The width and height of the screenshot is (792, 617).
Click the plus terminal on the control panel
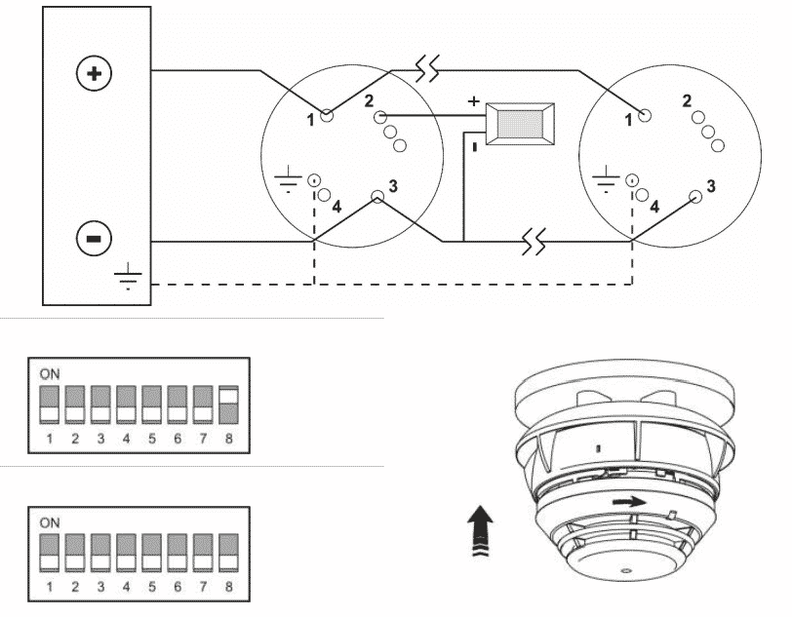coord(94,74)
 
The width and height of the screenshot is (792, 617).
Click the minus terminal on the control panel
coord(94,238)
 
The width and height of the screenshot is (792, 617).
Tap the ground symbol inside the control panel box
coord(128,276)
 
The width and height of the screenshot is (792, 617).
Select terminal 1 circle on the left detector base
coord(328,116)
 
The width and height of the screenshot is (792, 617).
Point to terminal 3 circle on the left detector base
coord(377,197)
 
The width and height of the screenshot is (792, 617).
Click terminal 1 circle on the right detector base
coord(645,116)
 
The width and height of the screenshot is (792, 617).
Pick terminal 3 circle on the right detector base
coord(695,197)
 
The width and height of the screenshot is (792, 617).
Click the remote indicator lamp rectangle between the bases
coord(520,124)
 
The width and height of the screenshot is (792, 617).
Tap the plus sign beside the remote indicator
coord(473,101)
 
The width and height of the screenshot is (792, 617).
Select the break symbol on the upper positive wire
coord(427,69)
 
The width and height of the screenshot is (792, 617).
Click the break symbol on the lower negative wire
coord(534,241)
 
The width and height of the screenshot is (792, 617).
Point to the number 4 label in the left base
coord(337,206)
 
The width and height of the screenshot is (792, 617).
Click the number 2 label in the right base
coord(687,101)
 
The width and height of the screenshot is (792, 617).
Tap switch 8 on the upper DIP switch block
coord(229,405)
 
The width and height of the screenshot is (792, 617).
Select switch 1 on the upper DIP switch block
coord(49,405)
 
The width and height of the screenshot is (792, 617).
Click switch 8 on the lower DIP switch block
coord(229,553)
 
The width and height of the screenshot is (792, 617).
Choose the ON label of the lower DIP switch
coord(50,522)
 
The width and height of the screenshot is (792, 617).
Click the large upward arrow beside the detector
coord(480,530)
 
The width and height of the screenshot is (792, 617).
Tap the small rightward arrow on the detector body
coord(629,502)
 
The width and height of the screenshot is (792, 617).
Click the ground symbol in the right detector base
coord(605,179)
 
